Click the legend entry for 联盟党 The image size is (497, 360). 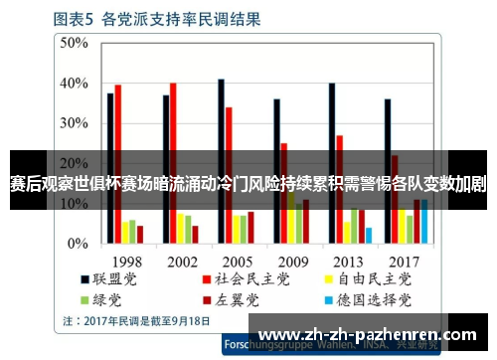pos(110,279)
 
